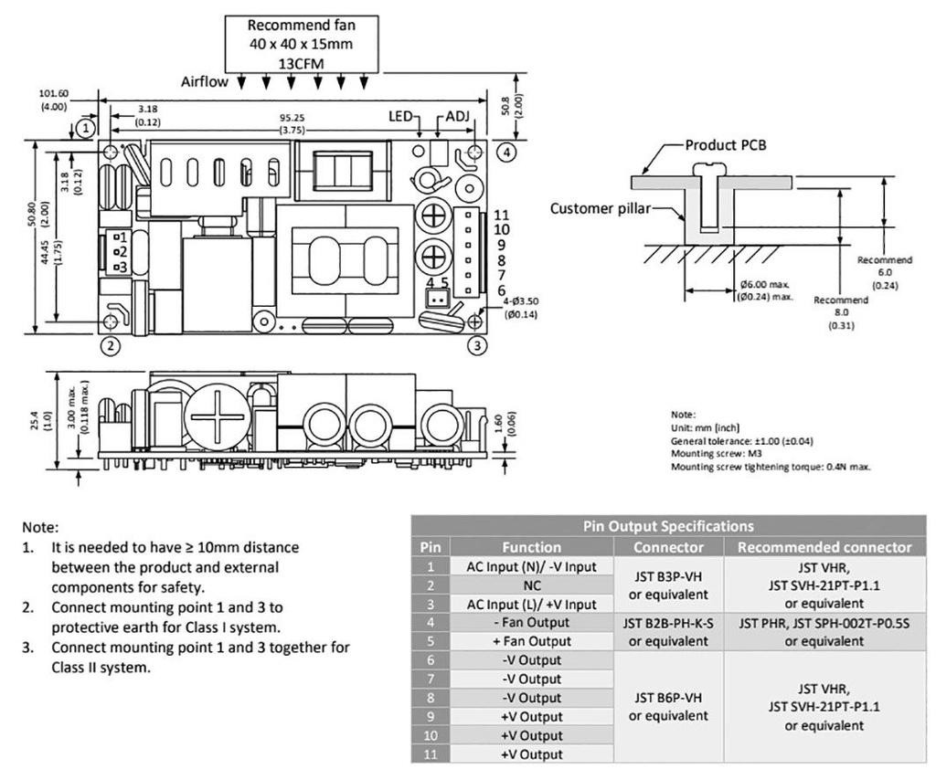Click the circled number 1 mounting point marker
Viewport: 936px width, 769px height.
(84, 128)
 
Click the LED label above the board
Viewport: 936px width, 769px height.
(400, 117)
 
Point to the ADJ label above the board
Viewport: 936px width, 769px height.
(456, 117)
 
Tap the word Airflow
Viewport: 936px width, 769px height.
(205, 81)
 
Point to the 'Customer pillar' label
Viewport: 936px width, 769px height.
(600, 208)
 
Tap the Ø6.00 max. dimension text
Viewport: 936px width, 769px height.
(764, 285)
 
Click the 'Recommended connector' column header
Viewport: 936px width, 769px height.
(824, 547)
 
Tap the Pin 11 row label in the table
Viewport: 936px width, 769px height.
(430, 754)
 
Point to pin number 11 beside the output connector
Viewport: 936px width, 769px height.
(501, 215)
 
